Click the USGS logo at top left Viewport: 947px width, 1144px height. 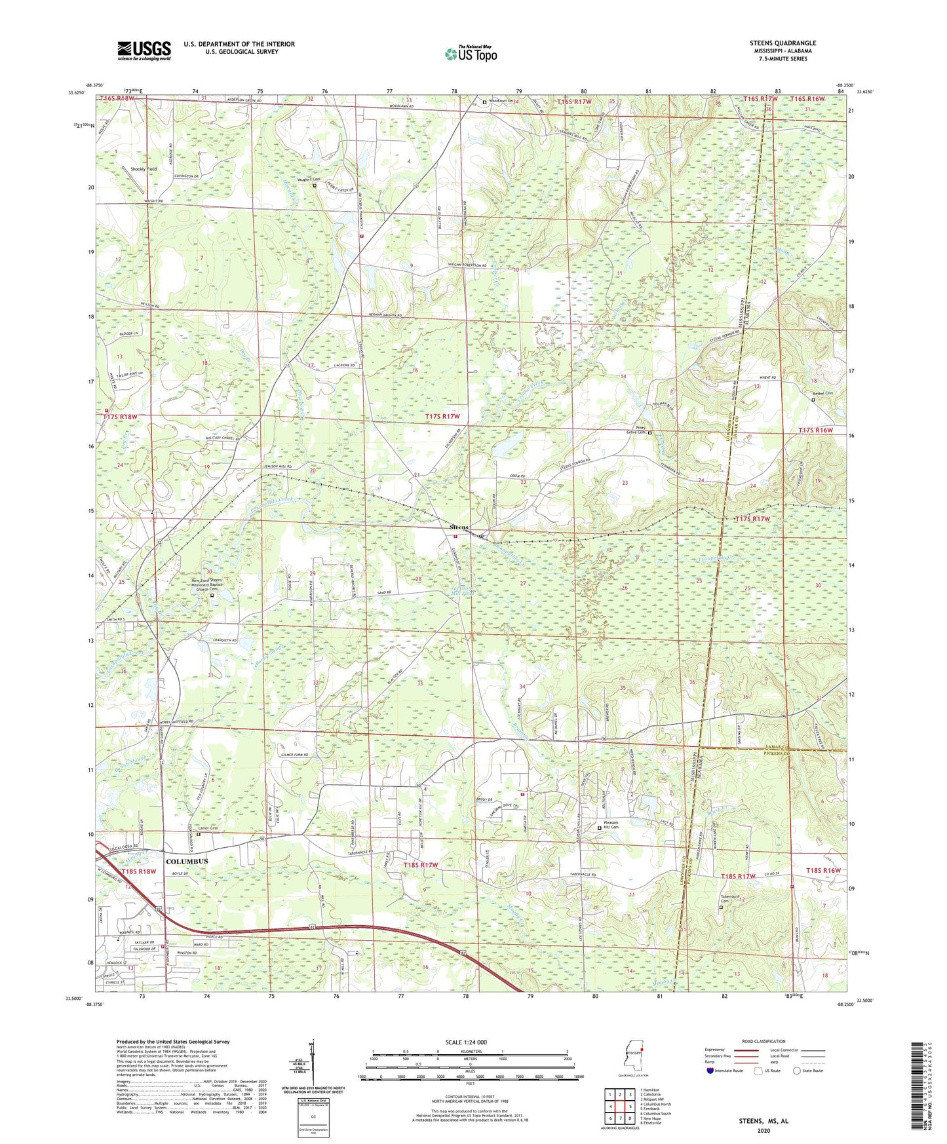[x=144, y=50]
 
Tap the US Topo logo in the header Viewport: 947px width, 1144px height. [x=470, y=54]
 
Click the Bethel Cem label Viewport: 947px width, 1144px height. [x=822, y=393]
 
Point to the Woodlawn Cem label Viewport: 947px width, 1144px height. [x=502, y=102]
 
